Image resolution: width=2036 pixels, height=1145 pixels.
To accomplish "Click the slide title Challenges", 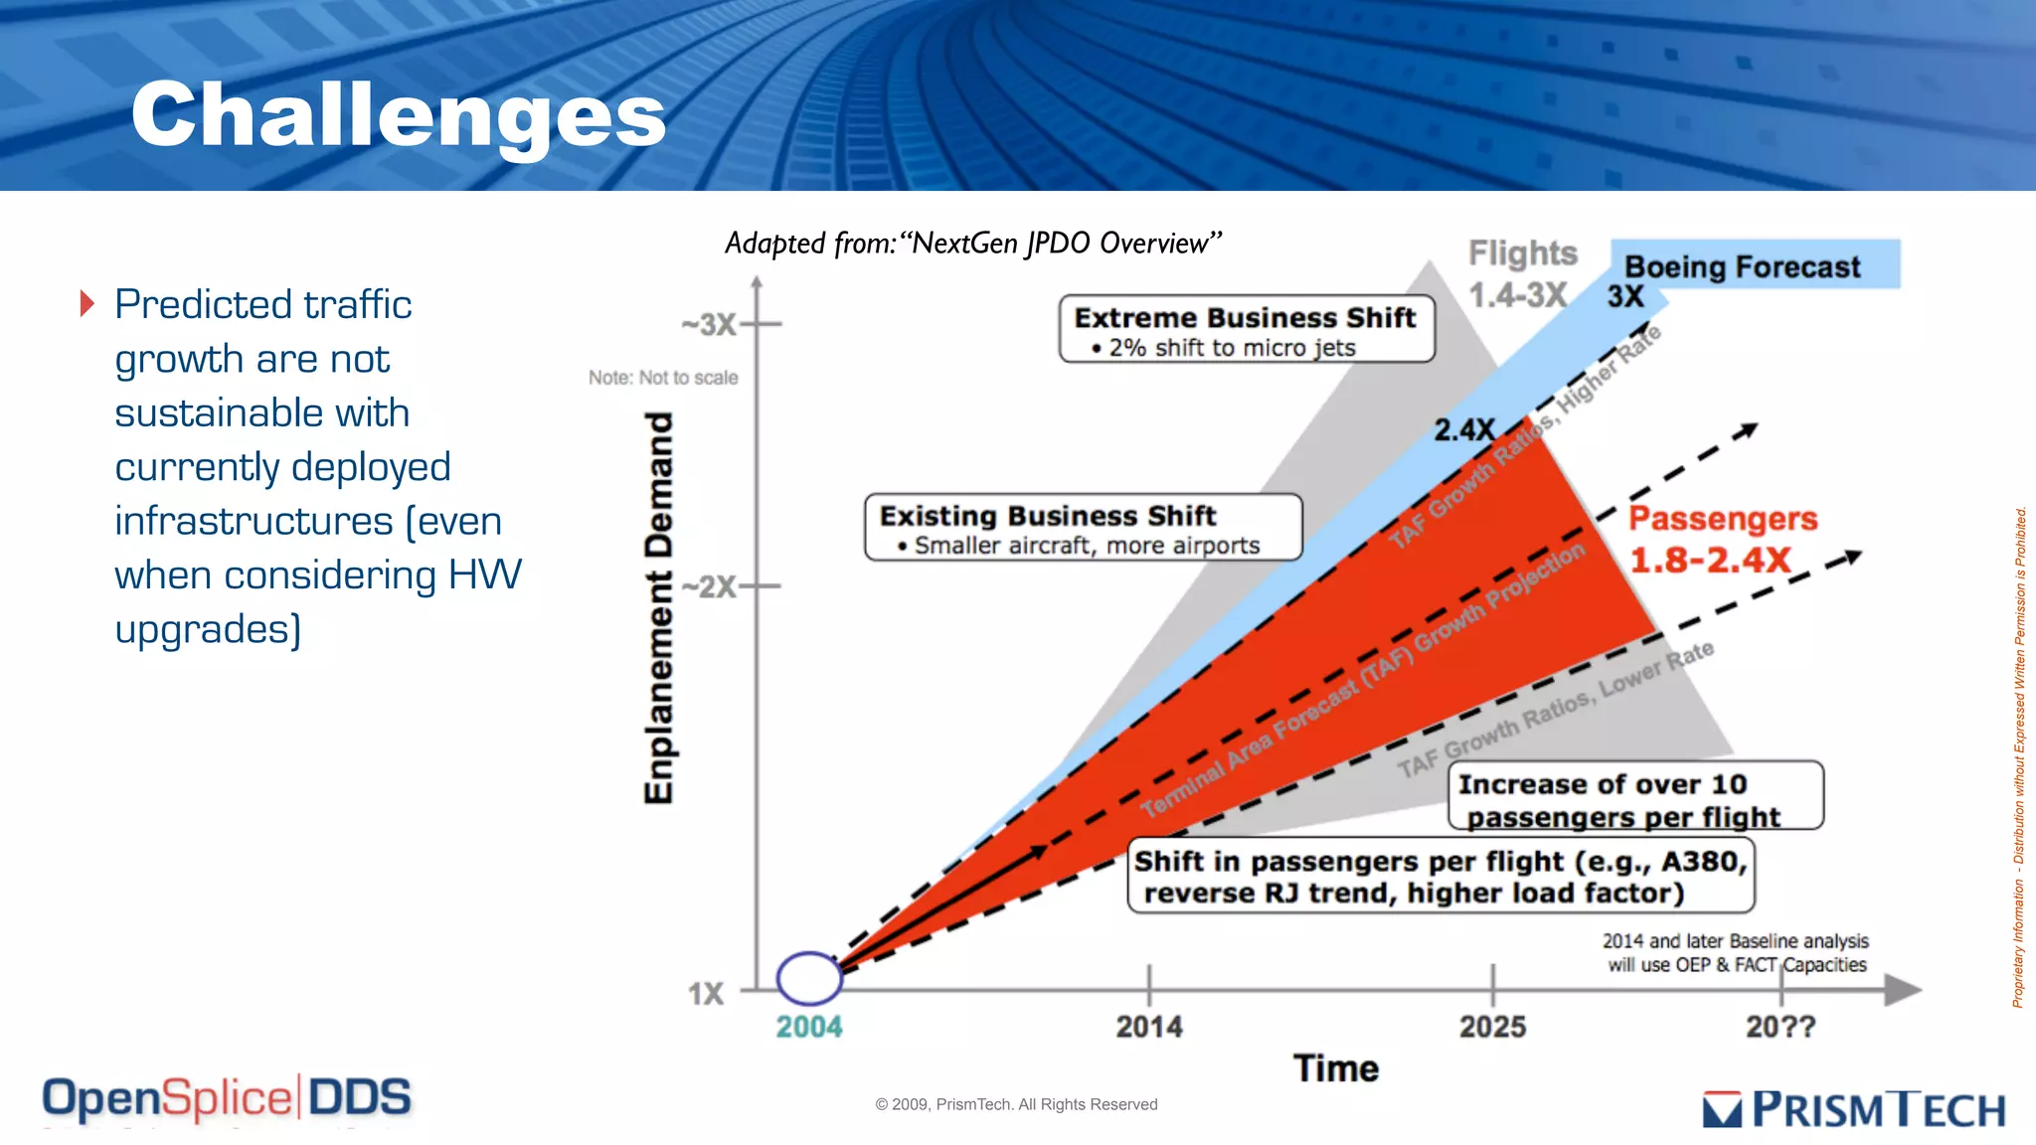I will pyautogui.click(x=398, y=116).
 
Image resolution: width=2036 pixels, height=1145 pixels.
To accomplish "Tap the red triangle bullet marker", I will pyautogui.click(x=87, y=303).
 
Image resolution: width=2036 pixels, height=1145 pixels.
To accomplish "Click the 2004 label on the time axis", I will pyautogui.click(x=808, y=1027).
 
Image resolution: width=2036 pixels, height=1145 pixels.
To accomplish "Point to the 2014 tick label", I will pyautogui.click(x=1148, y=1027).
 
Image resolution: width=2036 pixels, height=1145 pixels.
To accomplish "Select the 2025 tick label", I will pyautogui.click(x=1492, y=1027).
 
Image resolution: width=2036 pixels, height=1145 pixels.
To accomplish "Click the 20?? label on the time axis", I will pyautogui.click(x=1780, y=1027).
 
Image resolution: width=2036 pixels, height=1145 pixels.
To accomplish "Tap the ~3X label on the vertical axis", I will pyautogui.click(x=709, y=325).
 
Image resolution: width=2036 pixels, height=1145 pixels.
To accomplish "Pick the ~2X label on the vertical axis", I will pyautogui.click(x=709, y=586).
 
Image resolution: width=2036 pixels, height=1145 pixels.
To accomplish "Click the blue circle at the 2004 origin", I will pyautogui.click(x=809, y=978).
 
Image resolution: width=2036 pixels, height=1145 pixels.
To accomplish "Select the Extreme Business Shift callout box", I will pyautogui.click(x=1246, y=329).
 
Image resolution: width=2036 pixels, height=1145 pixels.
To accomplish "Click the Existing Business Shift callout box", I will pyautogui.click(x=1083, y=528).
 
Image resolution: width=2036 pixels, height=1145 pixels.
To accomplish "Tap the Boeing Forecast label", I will pyautogui.click(x=1742, y=266).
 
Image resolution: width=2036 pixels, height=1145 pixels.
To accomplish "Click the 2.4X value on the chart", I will pyautogui.click(x=1463, y=430).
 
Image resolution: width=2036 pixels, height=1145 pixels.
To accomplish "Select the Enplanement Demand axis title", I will pyautogui.click(x=659, y=607).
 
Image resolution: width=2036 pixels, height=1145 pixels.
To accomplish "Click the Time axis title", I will pyautogui.click(x=1335, y=1068).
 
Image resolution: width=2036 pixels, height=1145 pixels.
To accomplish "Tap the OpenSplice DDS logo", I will pyautogui.click(x=227, y=1098).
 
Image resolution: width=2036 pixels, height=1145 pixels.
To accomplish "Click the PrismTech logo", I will pyautogui.click(x=1854, y=1109).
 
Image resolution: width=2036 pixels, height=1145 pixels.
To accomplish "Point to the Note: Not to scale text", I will pyautogui.click(x=663, y=378).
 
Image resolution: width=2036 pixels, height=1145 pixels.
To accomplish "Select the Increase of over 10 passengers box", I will pyautogui.click(x=1634, y=797).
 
